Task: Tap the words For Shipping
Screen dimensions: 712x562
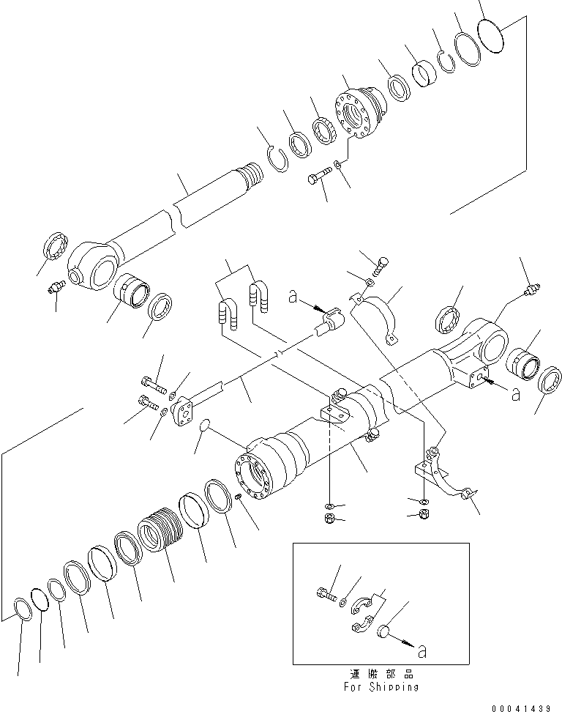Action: (x=381, y=686)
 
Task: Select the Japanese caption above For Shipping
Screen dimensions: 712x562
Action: (x=381, y=673)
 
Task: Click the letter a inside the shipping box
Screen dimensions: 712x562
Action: (x=420, y=649)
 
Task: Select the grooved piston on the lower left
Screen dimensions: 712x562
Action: (x=160, y=530)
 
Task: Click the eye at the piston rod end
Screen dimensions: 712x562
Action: (x=92, y=265)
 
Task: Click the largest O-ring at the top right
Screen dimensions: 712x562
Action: (x=492, y=35)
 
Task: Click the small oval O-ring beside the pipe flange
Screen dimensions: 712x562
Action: (x=207, y=426)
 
